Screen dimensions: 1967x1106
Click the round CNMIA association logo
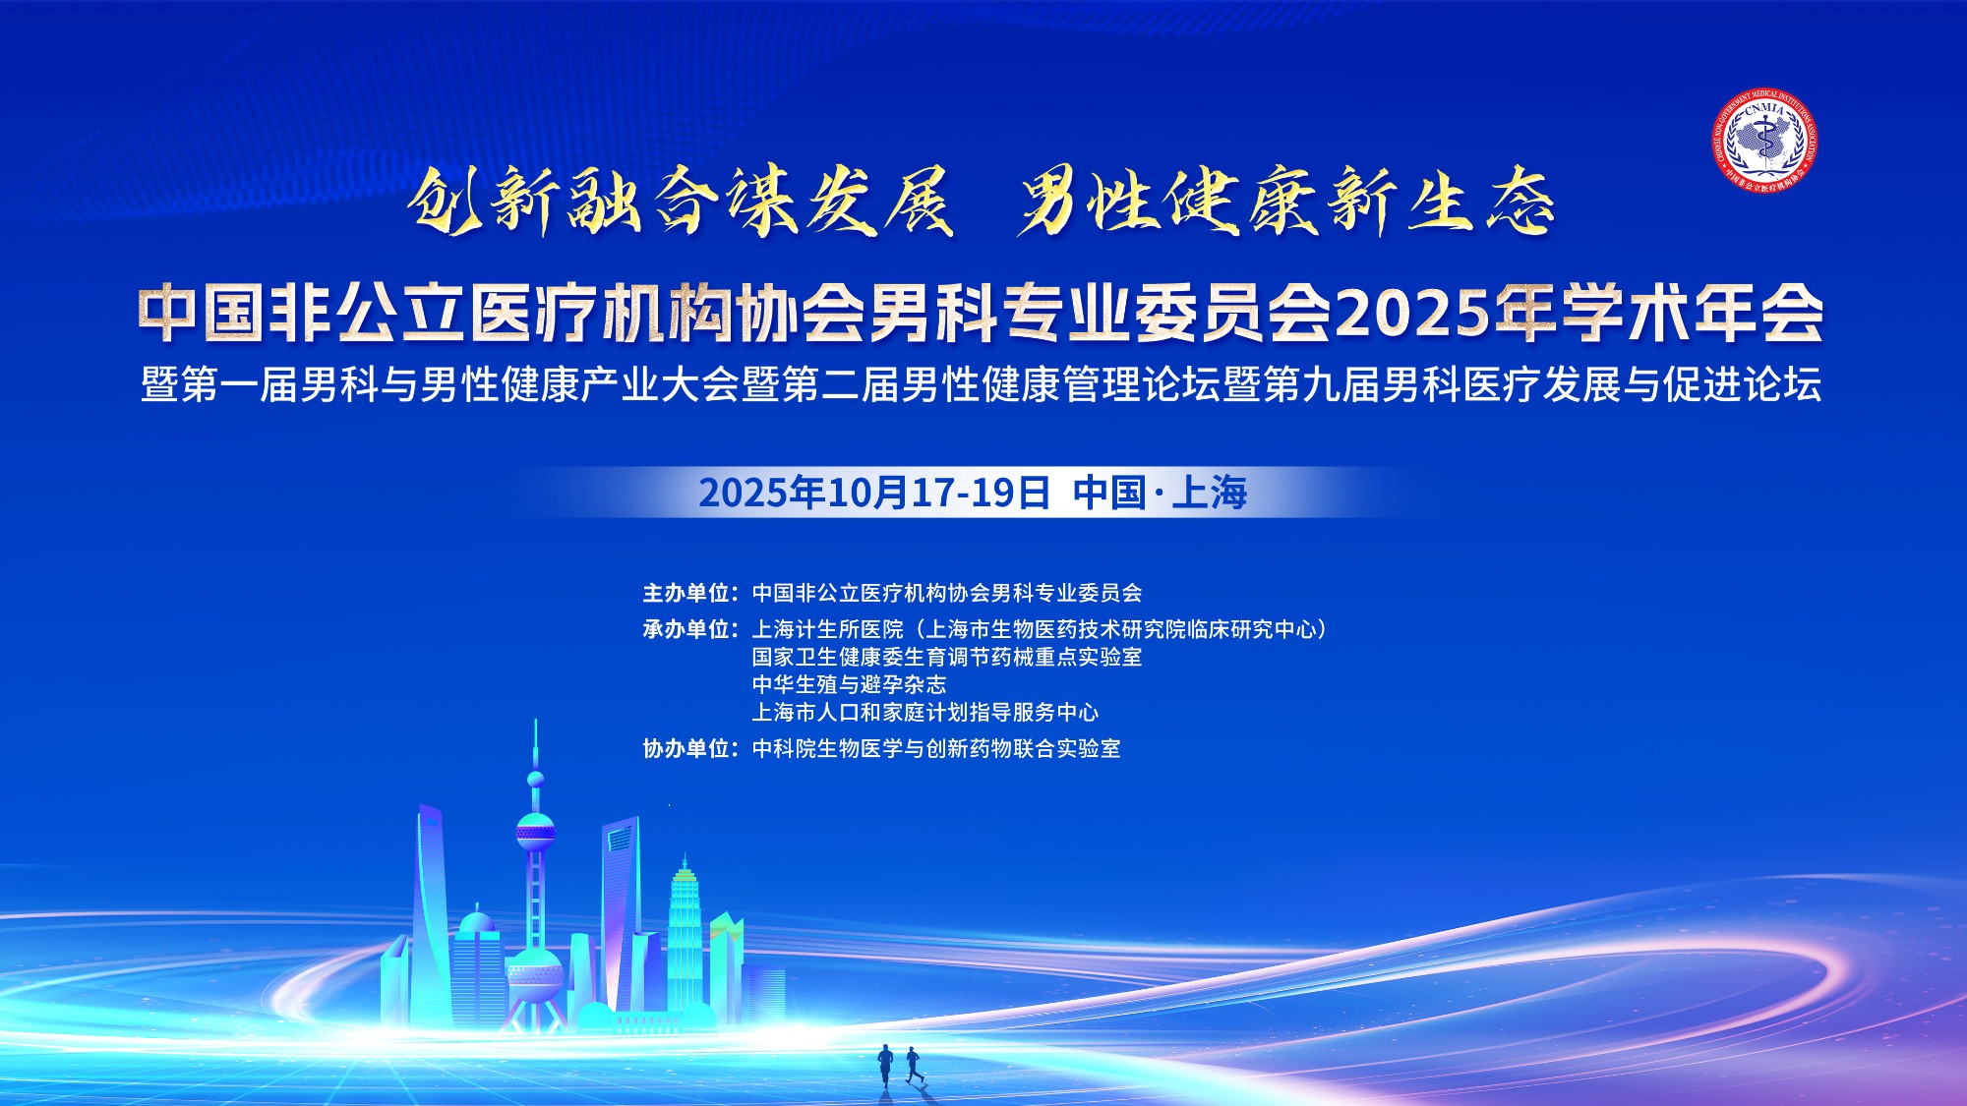tap(1764, 139)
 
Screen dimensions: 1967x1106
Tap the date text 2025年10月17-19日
tap(874, 493)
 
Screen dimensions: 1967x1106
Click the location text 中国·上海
tap(1161, 493)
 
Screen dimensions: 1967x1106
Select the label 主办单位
tap(686, 593)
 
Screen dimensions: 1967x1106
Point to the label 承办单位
tap(686, 629)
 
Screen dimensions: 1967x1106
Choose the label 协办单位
tap(686, 749)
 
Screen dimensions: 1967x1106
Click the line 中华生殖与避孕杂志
tap(849, 684)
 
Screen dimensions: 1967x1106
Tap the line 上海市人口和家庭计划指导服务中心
tap(925, 712)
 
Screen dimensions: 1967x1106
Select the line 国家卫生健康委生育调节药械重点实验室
tap(947, 657)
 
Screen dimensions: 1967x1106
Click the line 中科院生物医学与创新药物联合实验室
tap(936, 749)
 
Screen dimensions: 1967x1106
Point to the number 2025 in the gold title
tap(1412, 315)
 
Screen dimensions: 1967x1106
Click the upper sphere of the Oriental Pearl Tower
tap(535, 832)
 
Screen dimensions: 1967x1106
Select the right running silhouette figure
tap(914, 1066)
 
